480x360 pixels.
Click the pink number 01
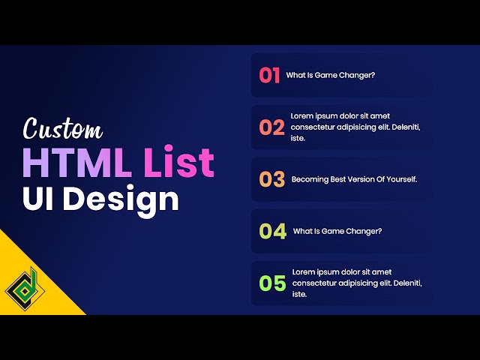point(269,75)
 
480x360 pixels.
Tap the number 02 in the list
point(272,127)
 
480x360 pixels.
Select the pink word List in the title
point(179,163)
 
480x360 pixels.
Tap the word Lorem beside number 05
point(304,271)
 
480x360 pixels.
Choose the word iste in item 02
point(298,139)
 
